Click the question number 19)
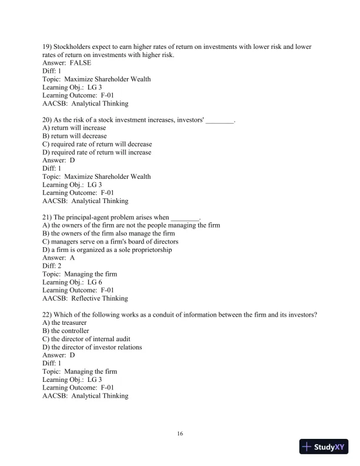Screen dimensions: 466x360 click(x=48, y=46)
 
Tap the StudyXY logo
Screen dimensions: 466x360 click(x=325, y=447)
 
